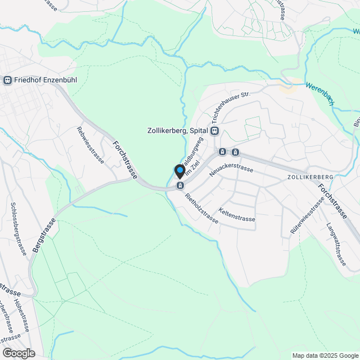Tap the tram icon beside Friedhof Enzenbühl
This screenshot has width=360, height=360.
click(x=8, y=80)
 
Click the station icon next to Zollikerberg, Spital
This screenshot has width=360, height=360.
click(x=214, y=130)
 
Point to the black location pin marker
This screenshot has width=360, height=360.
click(x=180, y=171)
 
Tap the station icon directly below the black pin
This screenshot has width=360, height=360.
click(x=180, y=185)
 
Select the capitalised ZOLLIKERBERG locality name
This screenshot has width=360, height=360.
click(x=310, y=177)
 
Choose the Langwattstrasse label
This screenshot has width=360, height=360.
click(x=336, y=244)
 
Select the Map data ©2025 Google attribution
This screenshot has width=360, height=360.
click(x=325, y=355)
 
